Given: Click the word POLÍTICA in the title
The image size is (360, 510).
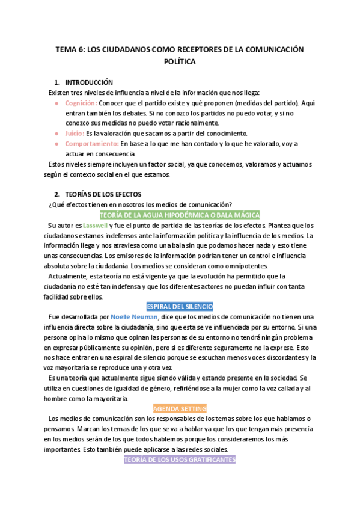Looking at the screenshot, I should pos(180,61).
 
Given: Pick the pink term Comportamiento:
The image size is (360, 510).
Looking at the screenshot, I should pos(92,144).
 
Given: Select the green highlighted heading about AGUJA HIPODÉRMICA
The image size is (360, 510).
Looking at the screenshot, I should pos(180,215).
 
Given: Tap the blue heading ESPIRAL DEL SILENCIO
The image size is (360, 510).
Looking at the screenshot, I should pos(180,306).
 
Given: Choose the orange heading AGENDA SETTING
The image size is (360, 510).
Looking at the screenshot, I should pos(180,408).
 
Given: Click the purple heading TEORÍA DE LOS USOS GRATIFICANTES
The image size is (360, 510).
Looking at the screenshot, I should pos(180,459).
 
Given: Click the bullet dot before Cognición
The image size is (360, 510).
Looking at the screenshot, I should pos(56,103).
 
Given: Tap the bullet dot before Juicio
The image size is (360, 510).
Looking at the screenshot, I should pos(56,134).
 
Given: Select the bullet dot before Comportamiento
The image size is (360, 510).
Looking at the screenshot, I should pos(56,144).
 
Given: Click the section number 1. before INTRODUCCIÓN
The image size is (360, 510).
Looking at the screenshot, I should pos(56,82).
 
